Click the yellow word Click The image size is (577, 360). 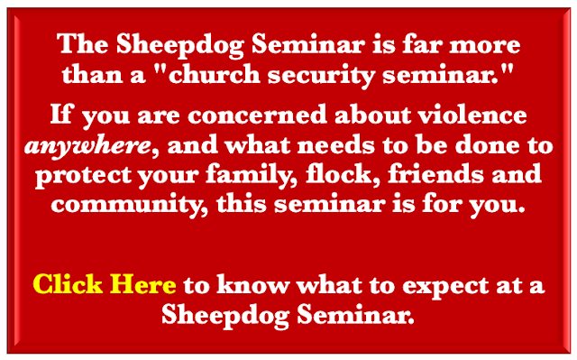[68, 284]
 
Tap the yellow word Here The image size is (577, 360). [142, 284]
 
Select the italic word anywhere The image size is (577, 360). [88, 146]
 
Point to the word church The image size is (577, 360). [215, 74]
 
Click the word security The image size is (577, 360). [321, 76]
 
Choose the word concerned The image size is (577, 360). [257, 115]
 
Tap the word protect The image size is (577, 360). [83, 176]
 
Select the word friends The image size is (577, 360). [435, 173]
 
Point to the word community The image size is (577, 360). [129, 205]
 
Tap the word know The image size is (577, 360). [252, 284]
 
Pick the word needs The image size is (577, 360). [336, 145]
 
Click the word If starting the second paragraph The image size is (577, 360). [62, 114]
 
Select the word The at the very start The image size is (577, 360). [83, 44]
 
